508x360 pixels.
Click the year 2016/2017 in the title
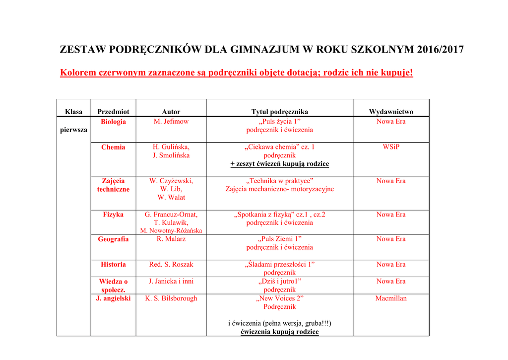click(441, 50)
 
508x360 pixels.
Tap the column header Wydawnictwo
click(391, 112)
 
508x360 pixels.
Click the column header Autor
click(171, 112)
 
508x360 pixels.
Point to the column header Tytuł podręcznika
click(280, 112)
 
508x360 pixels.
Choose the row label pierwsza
click(73, 130)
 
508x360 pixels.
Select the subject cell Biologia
click(113, 122)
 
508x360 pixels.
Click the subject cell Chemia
click(113, 147)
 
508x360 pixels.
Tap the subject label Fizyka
click(113, 215)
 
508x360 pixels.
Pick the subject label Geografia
click(113, 239)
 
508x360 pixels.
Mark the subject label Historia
click(113, 264)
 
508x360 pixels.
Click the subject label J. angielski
click(113, 298)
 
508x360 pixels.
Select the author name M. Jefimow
click(171, 122)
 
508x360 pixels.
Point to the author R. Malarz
click(171, 239)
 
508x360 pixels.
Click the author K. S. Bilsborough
click(171, 298)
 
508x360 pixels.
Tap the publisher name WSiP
click(391, 147)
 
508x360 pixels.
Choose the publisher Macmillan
click(391, 298)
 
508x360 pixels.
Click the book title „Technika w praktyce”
click(280, 181)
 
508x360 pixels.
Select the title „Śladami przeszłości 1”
click(280, 264)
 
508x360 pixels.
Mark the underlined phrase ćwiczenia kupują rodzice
click(280, 332)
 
